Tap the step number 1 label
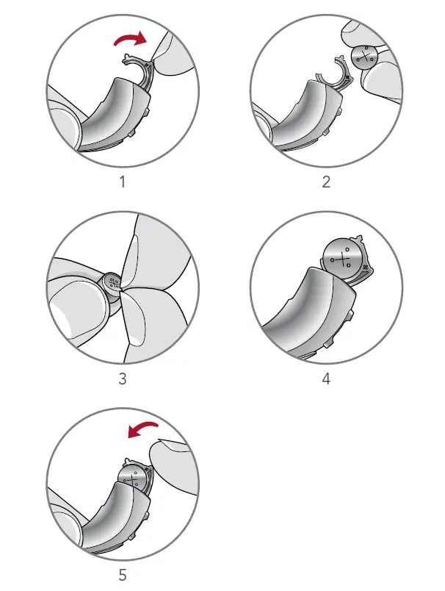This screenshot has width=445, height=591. pyautogui.click(x=123, y=182)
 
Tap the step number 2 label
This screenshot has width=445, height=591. pyautogui.click(x=326, y=182)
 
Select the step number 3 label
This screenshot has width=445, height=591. pyautogui.click(x=123, y=379)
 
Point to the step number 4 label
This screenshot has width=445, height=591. pyautogui.click(x=326, y=379)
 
